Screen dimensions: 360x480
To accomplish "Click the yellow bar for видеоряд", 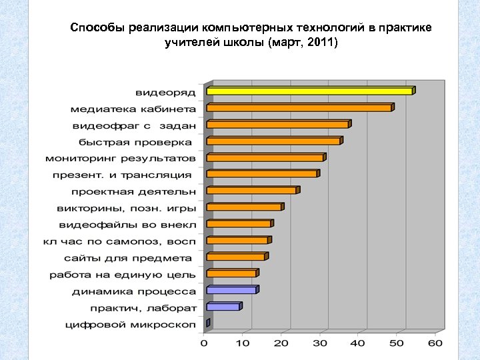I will (x=310, y=91).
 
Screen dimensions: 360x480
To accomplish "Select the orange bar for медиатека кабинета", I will (x=299, y=107).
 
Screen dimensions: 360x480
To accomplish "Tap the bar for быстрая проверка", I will (x=273, y=141).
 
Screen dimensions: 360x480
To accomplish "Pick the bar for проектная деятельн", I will (x=252, y=191).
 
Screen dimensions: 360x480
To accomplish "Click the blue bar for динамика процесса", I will (x=231, y=290).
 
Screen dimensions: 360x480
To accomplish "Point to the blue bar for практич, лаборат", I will (x=223, y=307).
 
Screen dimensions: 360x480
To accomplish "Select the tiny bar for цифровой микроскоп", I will (x=208, y=323).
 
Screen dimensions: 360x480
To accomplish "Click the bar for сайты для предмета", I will (x=236, y=257).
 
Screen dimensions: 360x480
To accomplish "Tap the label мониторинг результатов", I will (x=121, y=159).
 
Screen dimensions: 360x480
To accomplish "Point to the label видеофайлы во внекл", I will (x=127, y=225).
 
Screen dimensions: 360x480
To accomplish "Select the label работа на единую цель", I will (x=123, y=275).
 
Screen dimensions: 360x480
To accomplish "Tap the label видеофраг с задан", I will (x=134, y=125).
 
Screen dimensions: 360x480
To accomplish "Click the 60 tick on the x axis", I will (x=435, y=343).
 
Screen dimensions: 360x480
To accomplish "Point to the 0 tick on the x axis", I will (x=205, y=343).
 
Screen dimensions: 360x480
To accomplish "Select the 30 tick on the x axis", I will (x=320, y=343).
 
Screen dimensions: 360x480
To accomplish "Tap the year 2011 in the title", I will (x=322, y=43).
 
